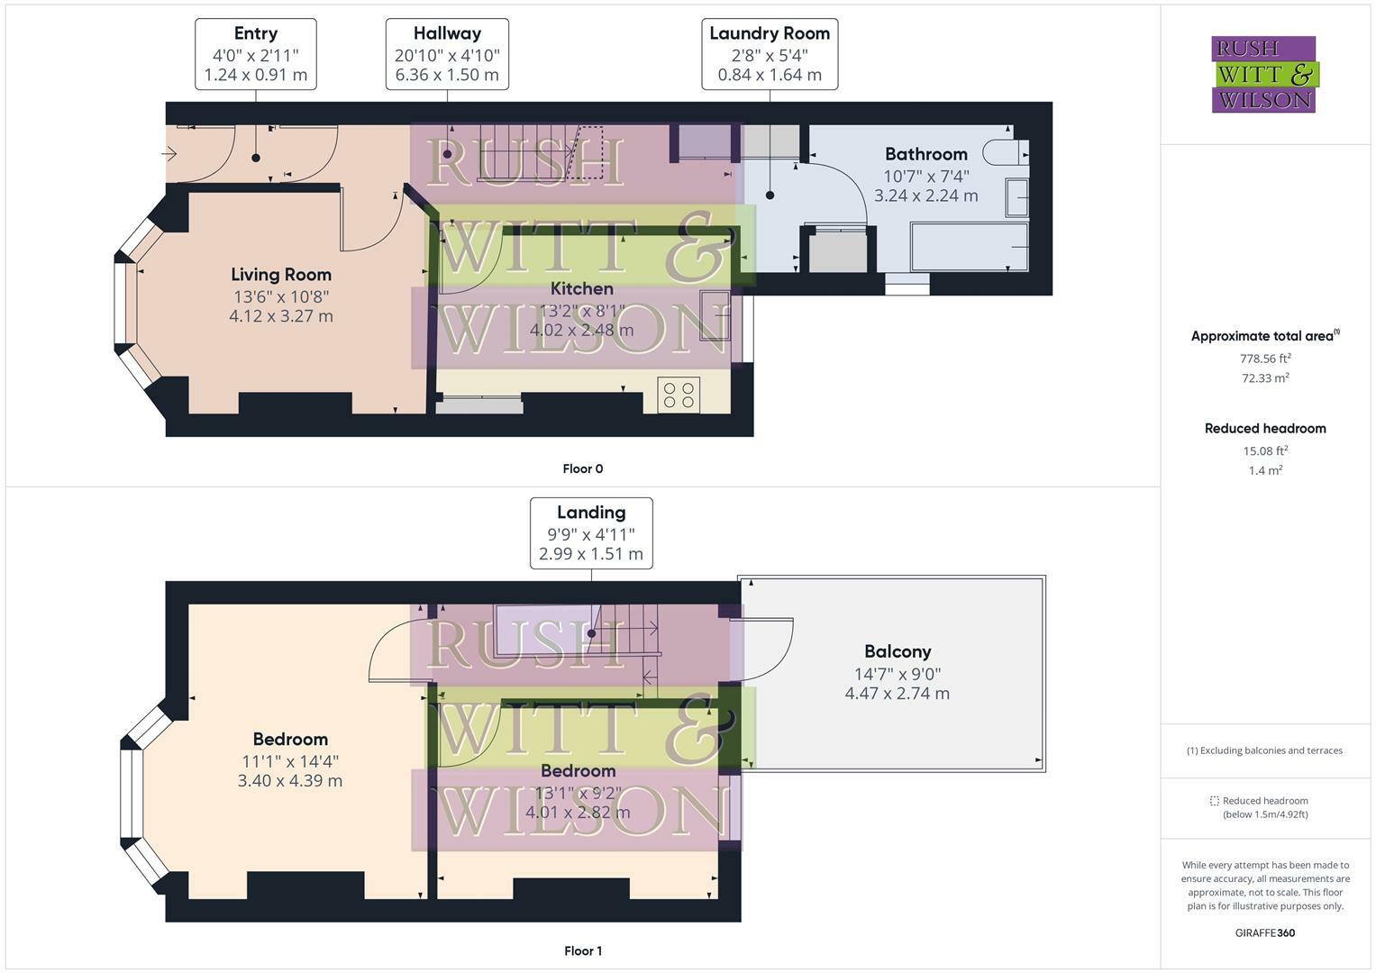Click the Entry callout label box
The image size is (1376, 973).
point(255,54)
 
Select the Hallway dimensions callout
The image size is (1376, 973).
point(447,54)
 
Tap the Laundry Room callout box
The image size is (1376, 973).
point(770,54)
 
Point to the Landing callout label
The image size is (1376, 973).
point(591,533)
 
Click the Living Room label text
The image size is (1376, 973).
point(281,275)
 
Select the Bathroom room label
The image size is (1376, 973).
point(925,154)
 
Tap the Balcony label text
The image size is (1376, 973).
point(897,651)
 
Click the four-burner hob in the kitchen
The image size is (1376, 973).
point(679,395)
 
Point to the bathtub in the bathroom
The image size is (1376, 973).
point(970,247)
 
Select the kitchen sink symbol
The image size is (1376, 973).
point(715,315)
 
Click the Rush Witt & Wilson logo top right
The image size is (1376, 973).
point(1264,74)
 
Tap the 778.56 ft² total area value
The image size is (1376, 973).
point(1265,358)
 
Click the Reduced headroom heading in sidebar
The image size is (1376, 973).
point(1265,429)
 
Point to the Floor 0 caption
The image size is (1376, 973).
point(582,468)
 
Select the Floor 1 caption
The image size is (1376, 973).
point(582,950)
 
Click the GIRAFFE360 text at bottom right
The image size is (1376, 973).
point(1264,932)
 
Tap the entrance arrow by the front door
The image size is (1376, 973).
point(169,154)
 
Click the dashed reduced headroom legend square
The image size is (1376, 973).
point(1214,801)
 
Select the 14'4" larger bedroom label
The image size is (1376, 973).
point(290,760)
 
